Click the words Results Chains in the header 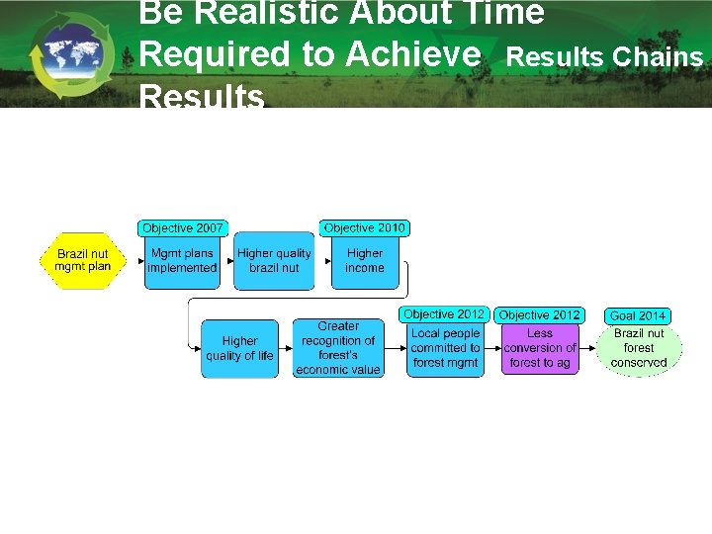click(x=604, y=56)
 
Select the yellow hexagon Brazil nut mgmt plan click(x=84, y=260)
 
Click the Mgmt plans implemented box click(x=182, y=261)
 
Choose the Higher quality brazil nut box click(x=274, y=261)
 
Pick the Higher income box click(x=365, y=261)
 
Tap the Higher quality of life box click(x=239, y=348)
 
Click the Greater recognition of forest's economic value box click(x=338, y=348)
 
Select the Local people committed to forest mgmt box click(x=445, y=348)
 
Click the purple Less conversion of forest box click(x=540, y=348)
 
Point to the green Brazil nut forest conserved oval click(x=639, y=348)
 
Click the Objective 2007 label click(x=182, y=228)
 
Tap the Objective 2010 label click(x=365, y=228)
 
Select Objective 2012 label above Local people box click(x=444, y=314)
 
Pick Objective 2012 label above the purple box click(x=540, y=315)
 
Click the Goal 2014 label click(x=638, y=315)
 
